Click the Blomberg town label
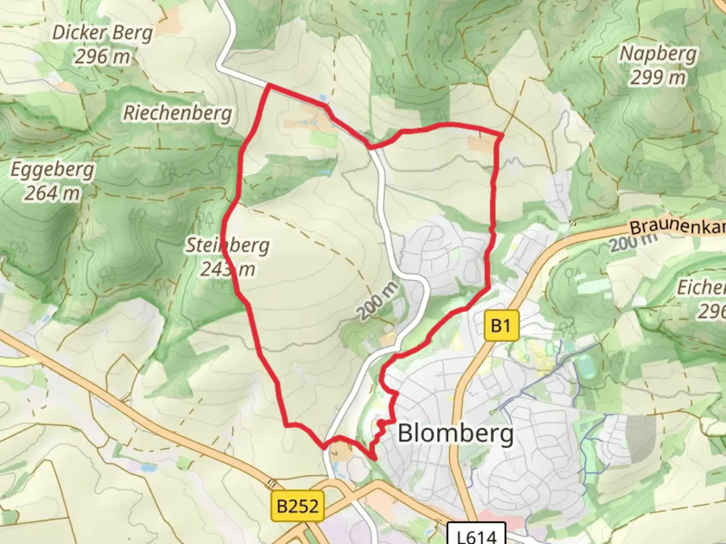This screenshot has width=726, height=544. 456,433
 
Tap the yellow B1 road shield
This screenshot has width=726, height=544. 501,326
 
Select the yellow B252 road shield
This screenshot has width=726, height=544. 297,505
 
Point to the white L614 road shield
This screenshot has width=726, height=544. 476,535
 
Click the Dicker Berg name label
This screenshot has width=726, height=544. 102,33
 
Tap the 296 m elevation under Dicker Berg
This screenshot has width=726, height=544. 102,56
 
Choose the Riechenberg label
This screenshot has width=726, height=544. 178,113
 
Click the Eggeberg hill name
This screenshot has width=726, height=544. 52,170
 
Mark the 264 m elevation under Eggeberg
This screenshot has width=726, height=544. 52,193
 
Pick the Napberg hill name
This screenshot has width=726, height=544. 658,54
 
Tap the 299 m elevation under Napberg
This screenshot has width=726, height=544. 658,77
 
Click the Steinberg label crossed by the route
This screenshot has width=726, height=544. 228,246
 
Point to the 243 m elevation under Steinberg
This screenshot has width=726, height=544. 228,269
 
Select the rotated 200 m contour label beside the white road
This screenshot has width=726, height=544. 378,301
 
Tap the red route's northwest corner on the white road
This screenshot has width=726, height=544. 270,86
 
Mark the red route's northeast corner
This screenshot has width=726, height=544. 502,135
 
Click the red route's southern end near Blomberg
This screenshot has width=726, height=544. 374,458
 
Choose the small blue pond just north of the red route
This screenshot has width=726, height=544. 323,97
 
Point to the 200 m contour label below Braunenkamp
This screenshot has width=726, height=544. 634,243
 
